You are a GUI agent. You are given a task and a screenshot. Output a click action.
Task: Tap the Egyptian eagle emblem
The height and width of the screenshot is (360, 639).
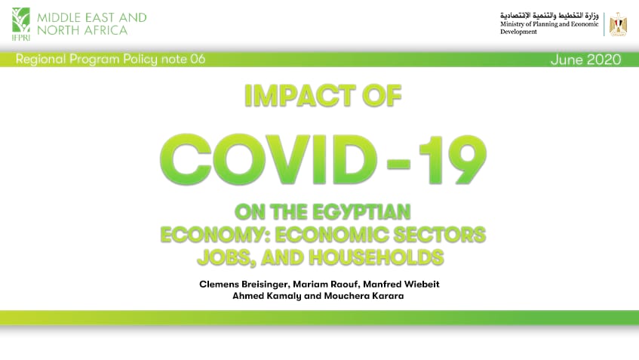pos(618,24)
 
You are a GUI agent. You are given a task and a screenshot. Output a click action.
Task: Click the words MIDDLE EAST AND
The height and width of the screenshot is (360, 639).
pos(92,17)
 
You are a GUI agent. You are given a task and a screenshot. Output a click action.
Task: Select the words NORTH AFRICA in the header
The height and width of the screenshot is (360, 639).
pos(82,30)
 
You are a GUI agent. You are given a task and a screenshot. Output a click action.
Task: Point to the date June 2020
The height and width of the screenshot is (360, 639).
pos(585,60)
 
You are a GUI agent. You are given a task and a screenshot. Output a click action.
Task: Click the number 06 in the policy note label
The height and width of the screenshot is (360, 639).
pos(198,59)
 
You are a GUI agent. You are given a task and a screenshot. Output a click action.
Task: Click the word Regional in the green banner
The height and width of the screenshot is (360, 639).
pos(41,60)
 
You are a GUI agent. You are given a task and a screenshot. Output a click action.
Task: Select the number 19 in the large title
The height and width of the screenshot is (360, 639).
pos(453,159)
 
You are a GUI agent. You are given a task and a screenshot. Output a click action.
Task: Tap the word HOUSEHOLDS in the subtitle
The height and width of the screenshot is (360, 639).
pos(376,257)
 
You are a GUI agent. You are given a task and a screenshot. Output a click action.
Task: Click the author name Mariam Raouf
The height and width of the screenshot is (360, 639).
pos(326,285)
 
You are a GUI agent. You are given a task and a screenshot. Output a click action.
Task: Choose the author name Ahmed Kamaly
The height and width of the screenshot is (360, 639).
pos(266,296)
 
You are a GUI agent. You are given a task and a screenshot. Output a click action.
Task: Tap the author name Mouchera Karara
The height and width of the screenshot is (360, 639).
pos(364,296)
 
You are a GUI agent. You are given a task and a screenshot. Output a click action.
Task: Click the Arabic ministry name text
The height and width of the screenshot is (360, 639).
pos(549,16)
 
